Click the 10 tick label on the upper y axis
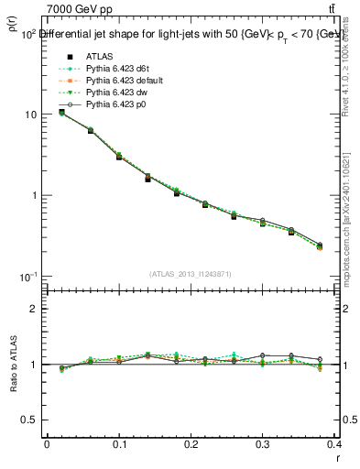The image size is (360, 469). click(x=30, y=115)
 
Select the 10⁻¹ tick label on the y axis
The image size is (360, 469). click(x=28, y=276)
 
